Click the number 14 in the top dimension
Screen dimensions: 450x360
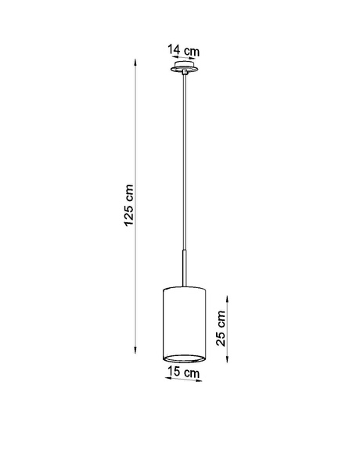click(174, 50)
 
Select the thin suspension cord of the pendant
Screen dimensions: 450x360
click(183, 157)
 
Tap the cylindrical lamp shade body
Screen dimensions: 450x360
click(183, 321)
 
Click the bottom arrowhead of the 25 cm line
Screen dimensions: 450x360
click(227, 362)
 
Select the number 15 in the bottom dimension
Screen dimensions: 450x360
click(174, 373)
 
